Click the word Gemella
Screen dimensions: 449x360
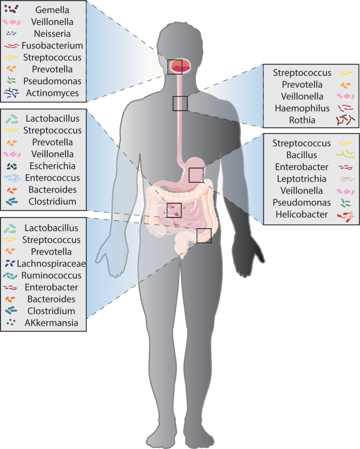53,9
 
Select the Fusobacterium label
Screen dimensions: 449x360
53,45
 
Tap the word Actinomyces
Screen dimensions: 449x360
52,93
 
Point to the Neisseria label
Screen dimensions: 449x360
53,33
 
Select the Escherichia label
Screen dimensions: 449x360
50,166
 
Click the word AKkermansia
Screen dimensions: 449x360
51,323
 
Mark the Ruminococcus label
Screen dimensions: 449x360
52,275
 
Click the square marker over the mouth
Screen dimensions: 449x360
174,67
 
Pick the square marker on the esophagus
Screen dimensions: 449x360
180,103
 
